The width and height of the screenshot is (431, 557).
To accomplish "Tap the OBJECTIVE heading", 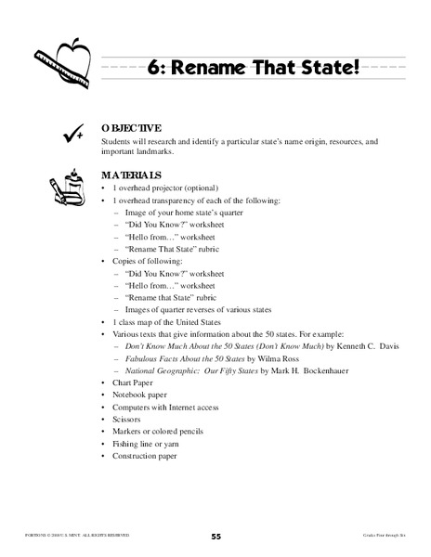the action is coord(132,128).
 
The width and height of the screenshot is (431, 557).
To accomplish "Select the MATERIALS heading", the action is coord(132,175).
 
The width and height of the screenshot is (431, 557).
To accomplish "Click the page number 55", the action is coord(215,537).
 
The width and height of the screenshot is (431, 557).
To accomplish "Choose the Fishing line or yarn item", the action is coord(144,444).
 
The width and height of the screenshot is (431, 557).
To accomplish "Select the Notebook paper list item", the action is coord(139,395).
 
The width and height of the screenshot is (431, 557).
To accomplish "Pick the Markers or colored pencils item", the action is coord(158,432).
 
